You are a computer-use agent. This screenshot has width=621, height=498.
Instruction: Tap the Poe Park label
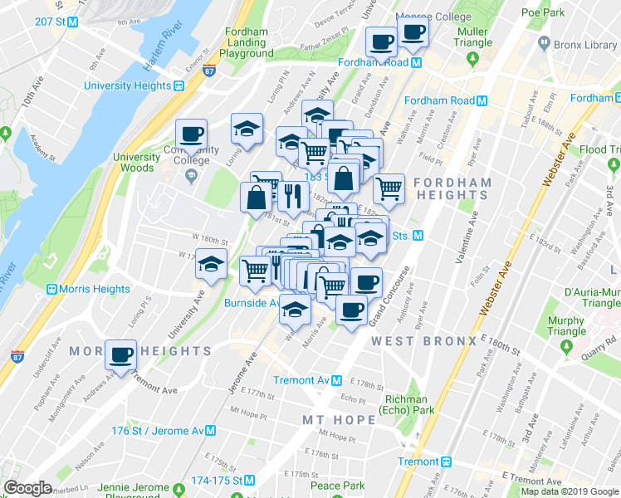pyautogui.click(x=543, y=12)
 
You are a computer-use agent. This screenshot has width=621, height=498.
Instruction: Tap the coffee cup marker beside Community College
pyautogui.click(x=191, y=134)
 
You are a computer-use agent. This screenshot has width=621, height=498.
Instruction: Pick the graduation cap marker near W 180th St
pyautogui.click(x=212, y=264)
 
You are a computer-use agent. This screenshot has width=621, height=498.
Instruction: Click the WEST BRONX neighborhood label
pyautogui.click(x=423, y=341)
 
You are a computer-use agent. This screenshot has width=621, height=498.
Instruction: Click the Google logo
pyautogui.click(x=28, y=488)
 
